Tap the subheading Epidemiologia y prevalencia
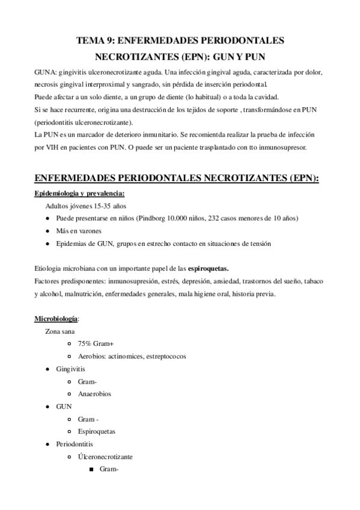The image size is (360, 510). (x=79, y=192)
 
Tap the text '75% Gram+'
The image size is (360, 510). (x=96, y=343)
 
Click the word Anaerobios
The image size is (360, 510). (x=94, y=393)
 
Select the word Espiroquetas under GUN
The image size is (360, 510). (x=96, y=431)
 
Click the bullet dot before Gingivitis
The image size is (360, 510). (x=47, y=369)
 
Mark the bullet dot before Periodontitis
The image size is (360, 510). (x=47, y=444)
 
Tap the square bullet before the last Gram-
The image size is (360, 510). (x=92, y=470)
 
